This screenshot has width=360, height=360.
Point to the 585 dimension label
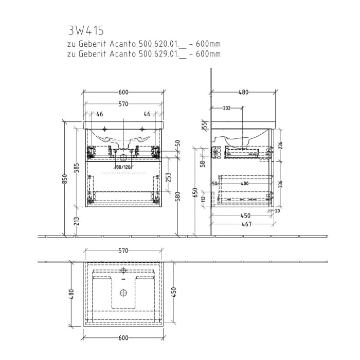pos(77,167)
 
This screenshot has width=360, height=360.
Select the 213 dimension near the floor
pos(77,221)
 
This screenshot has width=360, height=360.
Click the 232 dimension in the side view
pos(226,108)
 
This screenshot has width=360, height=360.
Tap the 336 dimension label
pos(280,184)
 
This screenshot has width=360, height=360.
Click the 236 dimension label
pos(280,145)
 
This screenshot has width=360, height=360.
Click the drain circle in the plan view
pos(123,293)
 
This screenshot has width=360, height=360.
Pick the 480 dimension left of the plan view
pos(72,294)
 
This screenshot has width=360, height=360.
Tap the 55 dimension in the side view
pos(204,125)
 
